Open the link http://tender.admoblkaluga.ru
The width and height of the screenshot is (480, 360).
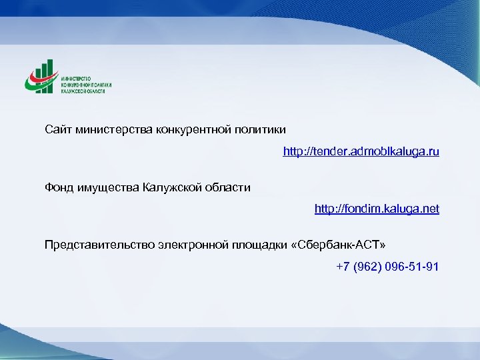click(x=361, y=152)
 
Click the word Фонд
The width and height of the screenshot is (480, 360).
click(x=59, y=187)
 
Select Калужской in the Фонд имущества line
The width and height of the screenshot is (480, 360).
click(x=170, y=187)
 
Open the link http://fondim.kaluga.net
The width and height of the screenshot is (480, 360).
click(x=377, y=209)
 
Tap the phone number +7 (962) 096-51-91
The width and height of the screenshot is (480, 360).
click(x=387, y=267)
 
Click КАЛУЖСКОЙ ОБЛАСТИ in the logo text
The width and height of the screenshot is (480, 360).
click(x=83, y=91)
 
